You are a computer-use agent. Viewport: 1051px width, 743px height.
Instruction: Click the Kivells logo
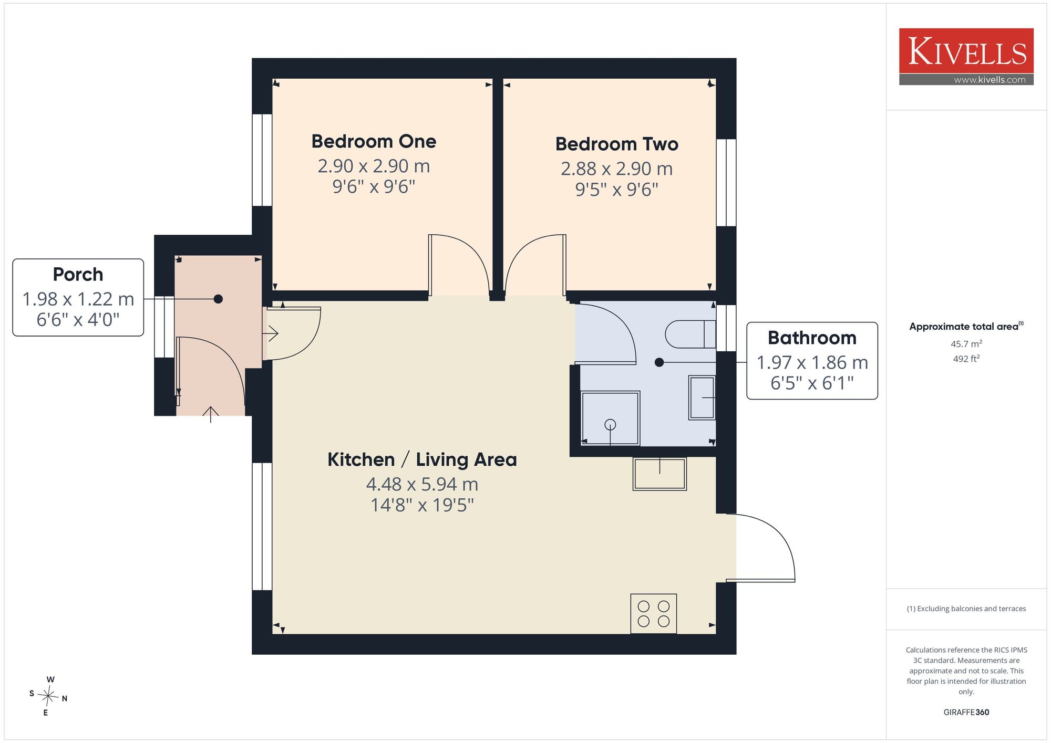(x=966, y=57)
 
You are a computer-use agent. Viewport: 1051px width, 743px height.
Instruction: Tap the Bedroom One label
(x=374, y=141)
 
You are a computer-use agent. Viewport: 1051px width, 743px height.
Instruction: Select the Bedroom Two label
(x=617, y=144)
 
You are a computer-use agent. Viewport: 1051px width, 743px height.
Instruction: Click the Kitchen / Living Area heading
(x=422, y=459)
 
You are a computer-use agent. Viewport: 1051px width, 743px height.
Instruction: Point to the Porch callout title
(x=78, y=274)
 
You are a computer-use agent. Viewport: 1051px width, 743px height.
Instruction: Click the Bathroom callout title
(x=812, y=338)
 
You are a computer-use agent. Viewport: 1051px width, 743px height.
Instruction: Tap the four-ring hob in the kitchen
(x=653, y=614)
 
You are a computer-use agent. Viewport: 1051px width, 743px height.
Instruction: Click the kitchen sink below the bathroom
(x=660, y=474)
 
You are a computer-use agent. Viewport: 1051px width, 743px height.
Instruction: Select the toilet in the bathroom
(x=691, y=334)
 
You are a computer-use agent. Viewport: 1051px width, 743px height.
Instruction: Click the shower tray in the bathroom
(x=610, y=418)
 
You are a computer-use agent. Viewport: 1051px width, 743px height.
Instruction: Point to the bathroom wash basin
(x=702, y=397)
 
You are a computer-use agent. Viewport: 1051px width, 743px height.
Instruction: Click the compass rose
(x=48, y=696)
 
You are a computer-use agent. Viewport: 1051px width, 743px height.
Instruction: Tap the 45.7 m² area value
(x=966, y=344)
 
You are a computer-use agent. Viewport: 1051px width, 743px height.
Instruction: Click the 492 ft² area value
(x=966, y=359)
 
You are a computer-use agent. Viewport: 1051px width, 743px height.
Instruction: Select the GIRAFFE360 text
(x=966, y=713)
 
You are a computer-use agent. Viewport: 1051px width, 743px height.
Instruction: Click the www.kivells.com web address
(x=990, y=80)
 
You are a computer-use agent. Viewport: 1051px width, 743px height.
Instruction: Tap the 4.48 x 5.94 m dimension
(x=422, y=484)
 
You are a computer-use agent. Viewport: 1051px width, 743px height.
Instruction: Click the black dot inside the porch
(x=218, y=299)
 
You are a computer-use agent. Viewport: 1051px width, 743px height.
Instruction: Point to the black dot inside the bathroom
(x=659, y=362)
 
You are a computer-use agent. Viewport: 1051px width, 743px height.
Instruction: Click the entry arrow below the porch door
(x=211, y=414)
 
